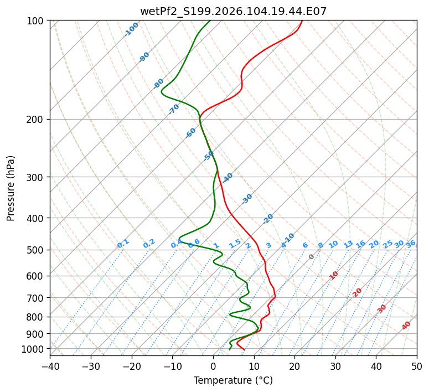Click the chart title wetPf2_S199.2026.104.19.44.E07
click(x=233, y=11)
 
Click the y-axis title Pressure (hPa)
click(x=11, y=188)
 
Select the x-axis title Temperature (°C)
click(x=233, y=380)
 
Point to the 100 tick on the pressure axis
click(x=37, y=21)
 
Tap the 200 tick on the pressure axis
click(x=37, y=119)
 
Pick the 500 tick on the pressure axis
click(x=37, y=250)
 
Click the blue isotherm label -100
click(x=131, y=29)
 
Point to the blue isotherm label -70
click(x=174, y=109)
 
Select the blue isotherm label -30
click(x=247, y=199)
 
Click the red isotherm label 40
click(x=406, y=326)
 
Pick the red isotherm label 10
click(x=334, y=275)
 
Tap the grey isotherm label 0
click(x=311, y=257)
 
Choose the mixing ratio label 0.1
click(x=123, y=243)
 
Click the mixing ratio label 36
click(x=411, y=244)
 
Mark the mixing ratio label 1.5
click(x=235, y=243)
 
